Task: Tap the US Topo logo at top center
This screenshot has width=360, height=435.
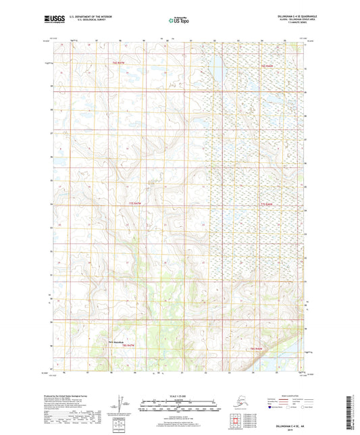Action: pyautogui.click(x=179, y=20)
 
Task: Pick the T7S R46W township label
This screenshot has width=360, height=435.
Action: pyautogui.click(x=269, y=203)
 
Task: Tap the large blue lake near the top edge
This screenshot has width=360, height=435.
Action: pyautogui.click(x=217, y=64)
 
